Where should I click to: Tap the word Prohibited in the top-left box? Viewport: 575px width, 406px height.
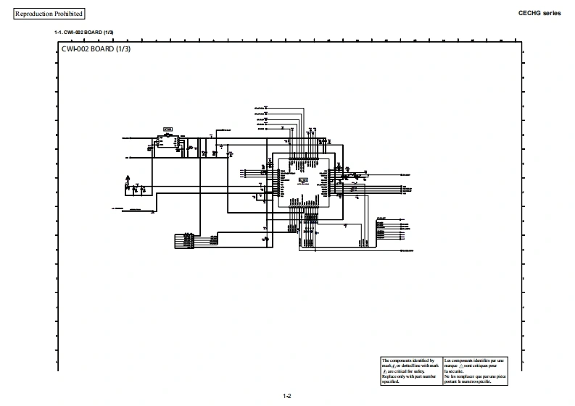(x=68, y=14)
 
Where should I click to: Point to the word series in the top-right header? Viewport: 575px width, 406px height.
(x=553, y=13)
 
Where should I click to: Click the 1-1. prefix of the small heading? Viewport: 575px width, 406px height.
(x=58, y=33)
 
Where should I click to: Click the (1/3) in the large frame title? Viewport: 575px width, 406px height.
(x=122, y=48)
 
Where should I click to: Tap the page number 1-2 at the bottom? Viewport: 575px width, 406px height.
(x=287, y=396)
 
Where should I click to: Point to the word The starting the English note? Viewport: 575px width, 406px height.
(x=386, y=360)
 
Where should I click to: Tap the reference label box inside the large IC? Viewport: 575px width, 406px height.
(x=303, y=179)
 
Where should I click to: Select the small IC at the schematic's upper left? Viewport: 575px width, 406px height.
(x=167, y=142)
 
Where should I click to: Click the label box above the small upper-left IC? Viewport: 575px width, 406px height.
(x=167, y=130)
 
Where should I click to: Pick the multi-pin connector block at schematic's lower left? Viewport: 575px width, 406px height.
(x=185, y=240)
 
